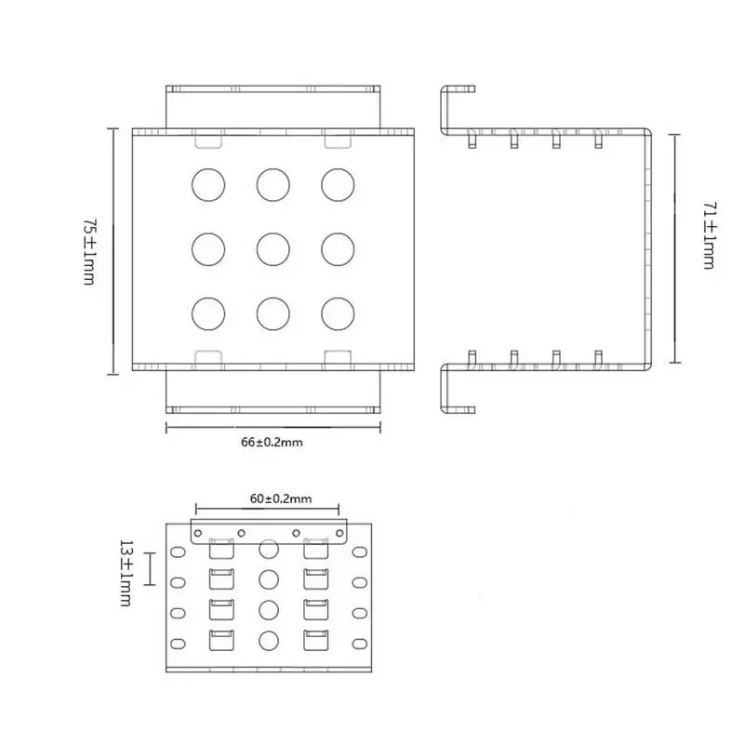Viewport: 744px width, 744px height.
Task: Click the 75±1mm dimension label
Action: point(89,251)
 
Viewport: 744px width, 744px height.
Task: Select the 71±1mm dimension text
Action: point(709,239)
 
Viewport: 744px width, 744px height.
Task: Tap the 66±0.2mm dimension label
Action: point(272,443)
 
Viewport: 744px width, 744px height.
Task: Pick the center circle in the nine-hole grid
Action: point(273,247)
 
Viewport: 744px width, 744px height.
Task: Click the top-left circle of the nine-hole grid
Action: point(208,184)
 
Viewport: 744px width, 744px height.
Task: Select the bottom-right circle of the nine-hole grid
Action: point(339,312)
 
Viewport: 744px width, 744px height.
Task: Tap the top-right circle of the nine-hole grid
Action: point(339,184)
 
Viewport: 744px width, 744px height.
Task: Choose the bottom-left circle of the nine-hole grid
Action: point(208,312)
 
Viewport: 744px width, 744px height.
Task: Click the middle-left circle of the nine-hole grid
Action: point(208,247)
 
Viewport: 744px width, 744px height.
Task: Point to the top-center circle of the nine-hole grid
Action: point(273,184)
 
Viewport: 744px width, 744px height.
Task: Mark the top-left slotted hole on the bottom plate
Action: point(176,552)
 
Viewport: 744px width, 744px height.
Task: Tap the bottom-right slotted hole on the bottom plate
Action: point(360,644)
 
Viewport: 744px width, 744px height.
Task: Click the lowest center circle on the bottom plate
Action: point(269,640)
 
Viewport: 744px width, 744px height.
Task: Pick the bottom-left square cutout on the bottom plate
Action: point(220,640)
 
